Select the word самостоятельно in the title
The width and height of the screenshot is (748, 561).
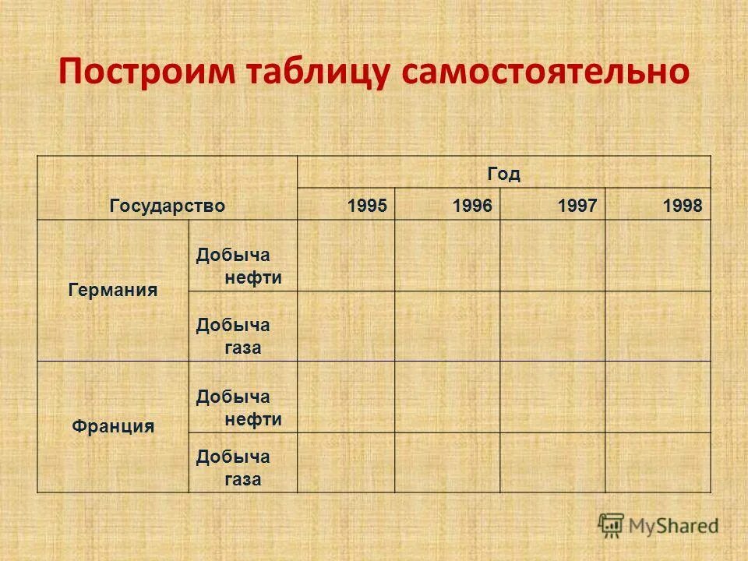tap(545, 72)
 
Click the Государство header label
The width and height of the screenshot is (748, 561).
tap(168, 206)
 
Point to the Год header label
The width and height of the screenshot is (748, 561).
tap(504, 173)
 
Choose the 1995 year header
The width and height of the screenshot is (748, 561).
tap(367, 206)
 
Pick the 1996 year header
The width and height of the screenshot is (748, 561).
tap(472, 206)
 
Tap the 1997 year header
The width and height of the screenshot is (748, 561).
tap(577, 206)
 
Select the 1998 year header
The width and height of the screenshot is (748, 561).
tap(683, 206)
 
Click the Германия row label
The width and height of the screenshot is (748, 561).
tap(113, 291)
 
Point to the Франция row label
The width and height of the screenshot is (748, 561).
tap(113, 426)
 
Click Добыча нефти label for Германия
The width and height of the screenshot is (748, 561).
tap(238, 266)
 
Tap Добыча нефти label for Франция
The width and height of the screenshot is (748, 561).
tap(238, 408)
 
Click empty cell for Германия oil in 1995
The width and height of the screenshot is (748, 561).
tap(346, 256)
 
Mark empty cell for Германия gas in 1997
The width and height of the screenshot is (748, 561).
tap(552, 326)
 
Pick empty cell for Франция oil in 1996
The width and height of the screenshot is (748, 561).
tap(447, 397)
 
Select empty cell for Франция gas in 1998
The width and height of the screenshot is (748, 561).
tap(658, 462)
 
